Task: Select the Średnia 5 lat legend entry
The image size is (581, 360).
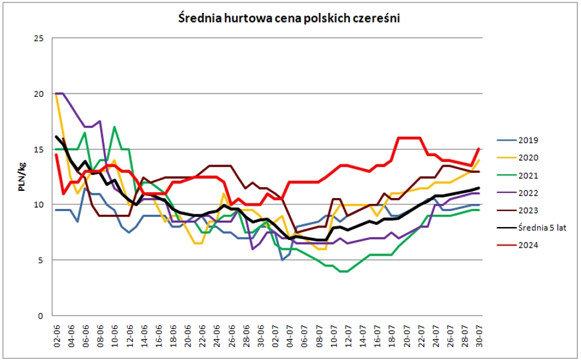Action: click(x=533, y=227)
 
